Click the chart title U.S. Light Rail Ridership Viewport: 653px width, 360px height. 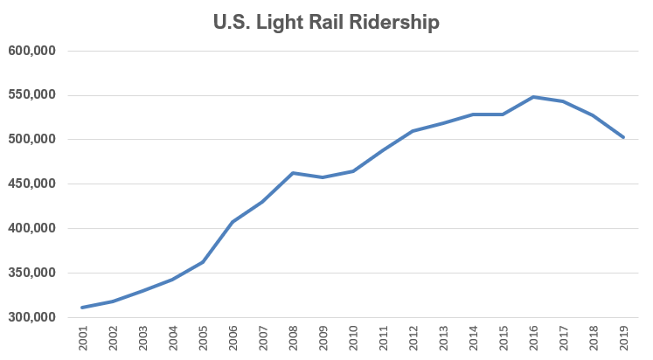click(x=326, y=23)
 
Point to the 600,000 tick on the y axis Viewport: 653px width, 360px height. click(x=32, y=51)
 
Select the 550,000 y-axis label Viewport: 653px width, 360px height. click(x=32, y=95)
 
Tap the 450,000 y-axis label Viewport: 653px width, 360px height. click(x=32, y=184)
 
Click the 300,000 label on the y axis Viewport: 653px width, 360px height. click(x=32, y=317)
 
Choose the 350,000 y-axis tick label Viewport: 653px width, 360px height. click(x=32, y=273)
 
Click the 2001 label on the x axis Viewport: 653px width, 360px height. click(x=84, y=340)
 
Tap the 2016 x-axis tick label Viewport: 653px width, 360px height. click(x=534, y=340)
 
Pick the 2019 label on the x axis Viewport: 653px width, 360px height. click(x=623, y=340)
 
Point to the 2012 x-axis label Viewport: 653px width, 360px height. click(x=413, y=340)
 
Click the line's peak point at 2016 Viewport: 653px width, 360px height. click(x=533, y=97)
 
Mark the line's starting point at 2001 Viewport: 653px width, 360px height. click(x=82, y=308)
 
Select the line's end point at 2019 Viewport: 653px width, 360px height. click(x=623, y=137)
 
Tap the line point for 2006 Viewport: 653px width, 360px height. click(x=233, y=222)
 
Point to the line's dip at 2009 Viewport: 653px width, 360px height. click(x=323, y=177)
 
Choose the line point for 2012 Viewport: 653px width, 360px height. click(x=413, y=131)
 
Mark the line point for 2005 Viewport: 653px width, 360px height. click(x=203, y=262)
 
